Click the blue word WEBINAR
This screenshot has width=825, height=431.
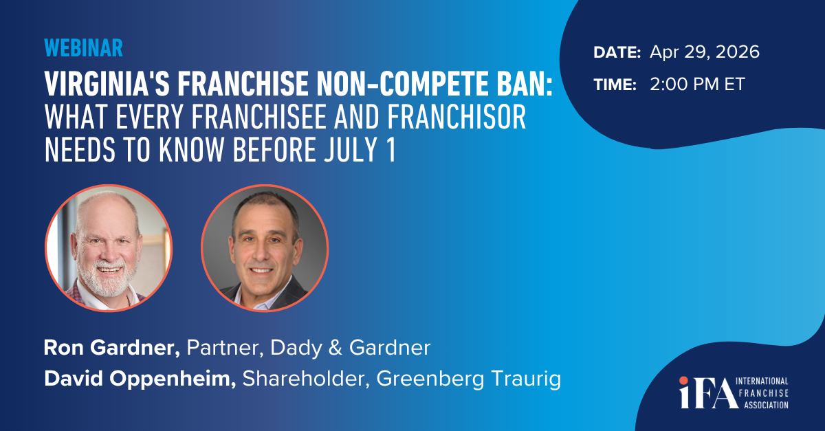click(84, 48)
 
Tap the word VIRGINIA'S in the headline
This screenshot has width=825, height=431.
click(107, 84)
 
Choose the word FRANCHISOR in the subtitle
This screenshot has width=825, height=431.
click(456, 117)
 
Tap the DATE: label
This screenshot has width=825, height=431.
click(617, 52)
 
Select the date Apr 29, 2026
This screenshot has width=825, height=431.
click(704, 52)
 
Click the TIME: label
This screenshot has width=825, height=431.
click(615, 85)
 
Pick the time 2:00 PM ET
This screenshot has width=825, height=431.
click(697, 85)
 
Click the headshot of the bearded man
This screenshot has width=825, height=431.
click(109, 248)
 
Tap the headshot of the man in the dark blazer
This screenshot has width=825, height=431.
click(265, 248)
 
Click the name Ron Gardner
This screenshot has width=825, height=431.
click(112, 347)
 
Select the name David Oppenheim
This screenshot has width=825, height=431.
click(140, 379)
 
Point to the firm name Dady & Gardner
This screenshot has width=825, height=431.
click(350, 348)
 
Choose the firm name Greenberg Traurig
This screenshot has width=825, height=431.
click(468, 379)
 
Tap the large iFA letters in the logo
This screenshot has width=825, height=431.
click(709, 393)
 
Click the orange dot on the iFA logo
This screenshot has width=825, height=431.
click(684, 381)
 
